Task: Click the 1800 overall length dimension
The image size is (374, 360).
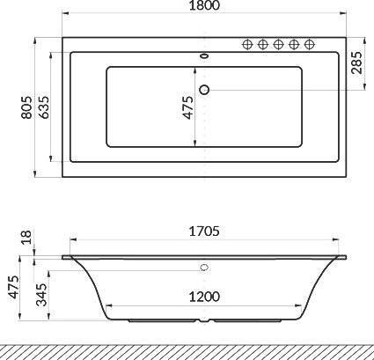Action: point(204,5)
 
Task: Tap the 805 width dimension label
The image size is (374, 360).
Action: point(26,107)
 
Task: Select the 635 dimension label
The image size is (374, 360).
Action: point(44,107)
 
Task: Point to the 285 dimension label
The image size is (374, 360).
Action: point(356,62)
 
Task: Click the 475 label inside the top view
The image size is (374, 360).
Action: point(188,107)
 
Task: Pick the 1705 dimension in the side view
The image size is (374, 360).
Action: point(204,231)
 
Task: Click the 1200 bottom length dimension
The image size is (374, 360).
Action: point(204,297)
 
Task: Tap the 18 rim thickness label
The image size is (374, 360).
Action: point(26,238)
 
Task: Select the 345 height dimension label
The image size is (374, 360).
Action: point(41,294)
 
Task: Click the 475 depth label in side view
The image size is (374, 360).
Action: point(14,287)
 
